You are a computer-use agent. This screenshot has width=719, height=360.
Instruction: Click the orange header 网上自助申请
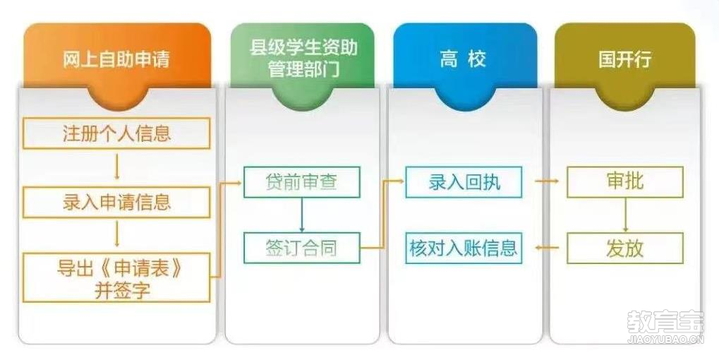pos(117,59)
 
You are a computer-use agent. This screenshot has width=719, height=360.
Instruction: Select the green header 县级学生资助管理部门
pos(303,59)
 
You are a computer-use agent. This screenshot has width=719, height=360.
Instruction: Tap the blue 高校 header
pos(465,59)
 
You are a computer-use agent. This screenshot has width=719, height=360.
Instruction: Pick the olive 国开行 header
pos(625,59)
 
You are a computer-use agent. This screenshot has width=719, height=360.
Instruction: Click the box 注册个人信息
pos(116,133)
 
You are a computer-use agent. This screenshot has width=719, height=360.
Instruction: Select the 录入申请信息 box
pos(116,203)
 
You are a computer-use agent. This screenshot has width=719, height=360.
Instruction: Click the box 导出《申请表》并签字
pos(116,277)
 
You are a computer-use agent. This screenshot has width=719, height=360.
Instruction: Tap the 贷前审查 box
pos(302,182)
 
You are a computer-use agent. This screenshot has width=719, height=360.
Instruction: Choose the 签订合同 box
pos(302,248)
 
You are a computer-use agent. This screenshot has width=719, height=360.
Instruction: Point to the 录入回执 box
pos(464,182)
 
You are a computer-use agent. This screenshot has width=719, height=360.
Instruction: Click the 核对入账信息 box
pos(464,248)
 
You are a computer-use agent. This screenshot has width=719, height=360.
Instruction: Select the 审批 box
pos(625,182)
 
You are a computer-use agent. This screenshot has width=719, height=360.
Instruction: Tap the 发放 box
pos(625,248)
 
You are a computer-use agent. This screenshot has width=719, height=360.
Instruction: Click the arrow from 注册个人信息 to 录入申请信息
pos(117,167)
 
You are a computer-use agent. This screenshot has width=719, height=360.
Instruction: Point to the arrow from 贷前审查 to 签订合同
pos(302,215)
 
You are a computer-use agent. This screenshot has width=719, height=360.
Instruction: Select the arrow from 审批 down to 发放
pos(625,215)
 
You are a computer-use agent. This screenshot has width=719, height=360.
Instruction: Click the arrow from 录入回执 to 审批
pos(547,181)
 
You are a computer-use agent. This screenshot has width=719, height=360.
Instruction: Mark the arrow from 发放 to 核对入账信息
pos(547,248)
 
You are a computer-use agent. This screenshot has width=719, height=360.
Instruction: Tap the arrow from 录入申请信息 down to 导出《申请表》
pos(117,234)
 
